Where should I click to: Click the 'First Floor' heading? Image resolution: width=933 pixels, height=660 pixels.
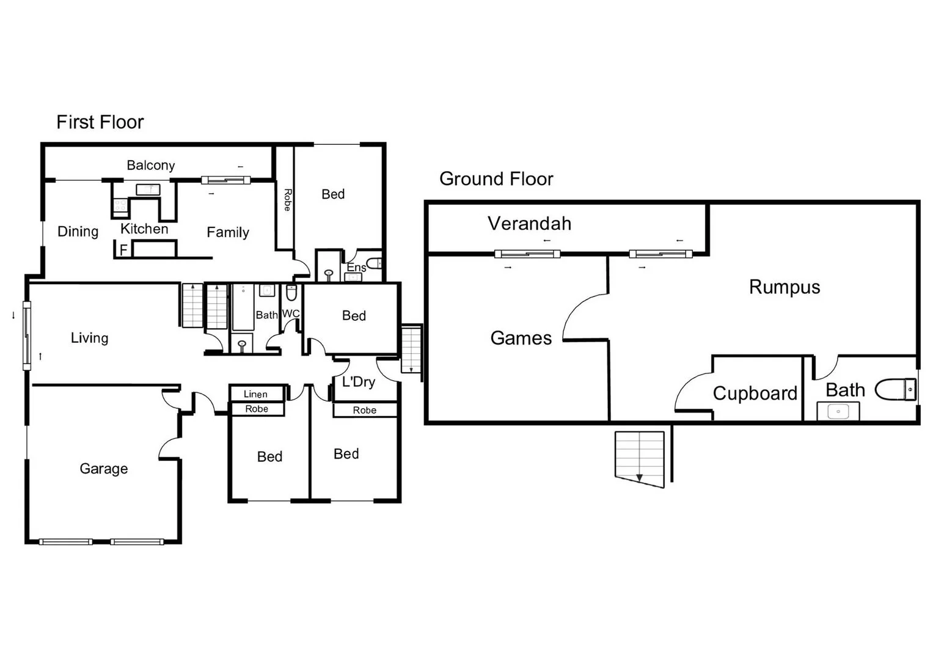pyautogui.click(x=100, y=122)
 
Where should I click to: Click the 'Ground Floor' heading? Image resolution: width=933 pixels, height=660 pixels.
pyautogui.click(x=496, y=179)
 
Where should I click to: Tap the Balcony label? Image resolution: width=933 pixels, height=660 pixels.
pyautogui.click(x=150, y=165)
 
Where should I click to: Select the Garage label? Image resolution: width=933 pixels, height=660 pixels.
pyautogui.click(x=103, y=469)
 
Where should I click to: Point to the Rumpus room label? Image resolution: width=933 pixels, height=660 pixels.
pyautogui.click(x=784, y=287)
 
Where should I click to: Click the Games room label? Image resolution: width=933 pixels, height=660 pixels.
pyautogui.click(x=521, y=338)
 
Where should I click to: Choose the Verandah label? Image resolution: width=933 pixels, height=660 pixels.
pyautogui.click(x=529, y=224)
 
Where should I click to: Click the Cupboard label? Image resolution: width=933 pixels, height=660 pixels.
pyautogui.click(x=755, y=393)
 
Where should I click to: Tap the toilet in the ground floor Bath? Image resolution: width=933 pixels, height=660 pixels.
pyautogui.click(x=896, y=389)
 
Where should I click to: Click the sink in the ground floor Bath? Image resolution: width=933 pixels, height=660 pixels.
pyautogui.click(x=838, y=411)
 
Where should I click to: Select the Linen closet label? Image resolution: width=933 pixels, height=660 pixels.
pyautogui.click(x=255, y=394)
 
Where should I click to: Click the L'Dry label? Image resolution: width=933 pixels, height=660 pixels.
pyautogui.click(x=358, y=382)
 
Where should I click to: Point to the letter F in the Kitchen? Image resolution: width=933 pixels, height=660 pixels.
pyautogui.click(x=123, y=250)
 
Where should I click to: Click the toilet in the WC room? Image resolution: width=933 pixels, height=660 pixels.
pyautogui.click(x=291, y=294)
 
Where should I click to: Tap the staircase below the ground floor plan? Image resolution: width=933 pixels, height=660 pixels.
pyautogui.click(x=640, y=457)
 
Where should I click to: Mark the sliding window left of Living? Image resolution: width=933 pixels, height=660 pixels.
pyautogui.click(x=27, y=335)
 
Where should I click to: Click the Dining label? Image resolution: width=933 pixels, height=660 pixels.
pyautogui.click(x=78, y=232)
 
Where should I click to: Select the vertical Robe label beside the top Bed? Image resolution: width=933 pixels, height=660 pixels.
pyautogui.click(x=287, y=200)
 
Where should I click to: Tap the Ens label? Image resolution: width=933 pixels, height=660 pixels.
pyautogui.click(x=356, y=268)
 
